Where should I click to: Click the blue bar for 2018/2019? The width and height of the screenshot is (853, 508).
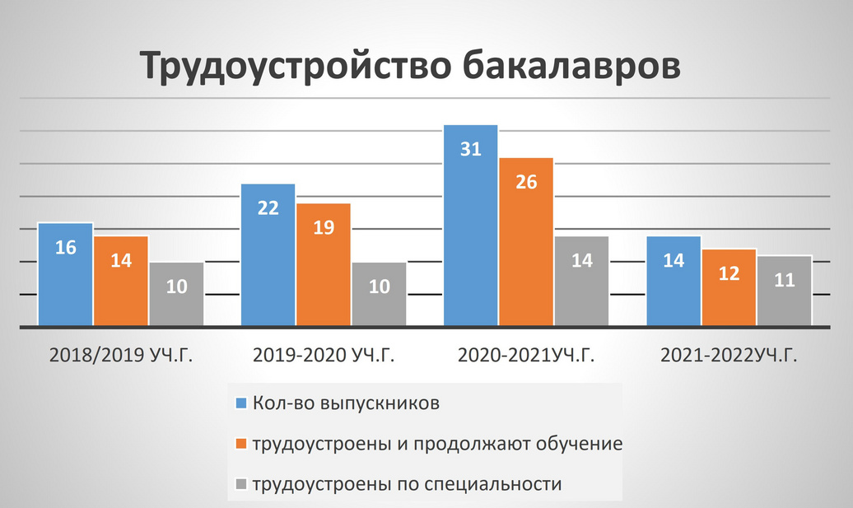pyautogui.click(x=65, y=274)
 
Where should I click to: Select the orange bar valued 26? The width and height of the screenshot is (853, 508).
pyautogui.click(x=526, y=242)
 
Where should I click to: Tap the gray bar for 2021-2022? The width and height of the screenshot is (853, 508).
pyautogui.click(x=784, y=291)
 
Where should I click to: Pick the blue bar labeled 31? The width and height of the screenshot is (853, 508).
pyautogui.click(x=471, y=226)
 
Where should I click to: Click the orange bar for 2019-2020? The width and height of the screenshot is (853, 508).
pyautogui.click(x=324, y=265)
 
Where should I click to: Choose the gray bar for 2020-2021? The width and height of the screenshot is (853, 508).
pyautogui.click(x=581, y=282)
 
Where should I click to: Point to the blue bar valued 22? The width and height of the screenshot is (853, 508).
pyautogui.click(x=268, y=255)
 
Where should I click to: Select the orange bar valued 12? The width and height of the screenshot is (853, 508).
pyautogui.click(x=729, y=287)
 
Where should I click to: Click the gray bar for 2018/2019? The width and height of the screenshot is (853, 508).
pyautogui.click(x=176, y=294)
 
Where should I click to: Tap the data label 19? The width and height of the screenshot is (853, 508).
pyautogui.click(x=324, y=227)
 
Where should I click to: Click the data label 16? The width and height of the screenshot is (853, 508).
pyautogui.click(x=66, y=248)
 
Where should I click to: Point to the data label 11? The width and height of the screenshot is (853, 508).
pyautogui.click(x=785, y=280)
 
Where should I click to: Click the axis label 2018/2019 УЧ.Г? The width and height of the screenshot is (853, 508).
pyautogui.click(x=121, y=355)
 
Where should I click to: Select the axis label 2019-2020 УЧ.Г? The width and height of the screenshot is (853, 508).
pyautogui.click(x=324, y=355)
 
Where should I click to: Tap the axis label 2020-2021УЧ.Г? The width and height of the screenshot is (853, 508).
pyautogui.click(x=526, y=355)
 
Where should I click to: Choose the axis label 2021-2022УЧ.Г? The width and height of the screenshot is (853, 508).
pyautogui.click(x=729, y=355)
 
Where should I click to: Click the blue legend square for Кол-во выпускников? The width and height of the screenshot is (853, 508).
pyautogui.click(x=241, y=403)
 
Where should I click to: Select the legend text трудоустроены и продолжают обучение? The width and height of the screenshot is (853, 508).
pyautogui.click(x=437, y=444)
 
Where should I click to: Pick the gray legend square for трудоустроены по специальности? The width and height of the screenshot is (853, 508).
pyautogui.click(x=241, y=484)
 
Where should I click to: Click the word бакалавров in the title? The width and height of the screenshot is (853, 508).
pyautogui.click(x=571, y=66)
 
